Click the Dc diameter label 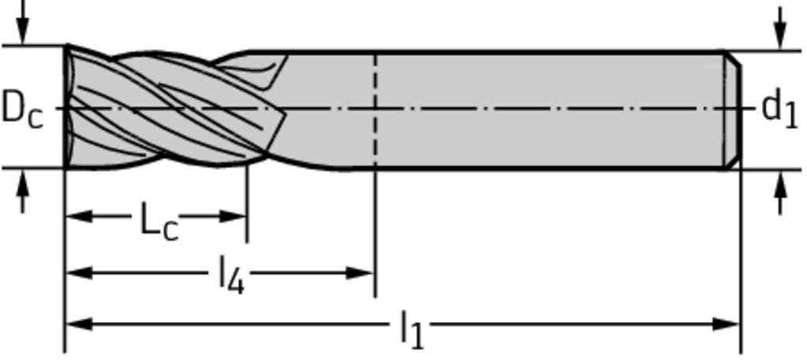tap(21, 108)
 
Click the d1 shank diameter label tap(779, 107)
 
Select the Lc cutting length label tap(158, 221)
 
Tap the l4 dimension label tap(230, 276)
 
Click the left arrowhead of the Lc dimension tap(77, 216)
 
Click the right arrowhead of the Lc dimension tap(235, 216)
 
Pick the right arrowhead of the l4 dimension tap(362, 273)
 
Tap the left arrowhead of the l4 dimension tap(77, 273)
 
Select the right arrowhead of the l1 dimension tap(728, 324)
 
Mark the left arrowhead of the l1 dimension tap(77, 324)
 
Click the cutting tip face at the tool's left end tap(69, 108)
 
